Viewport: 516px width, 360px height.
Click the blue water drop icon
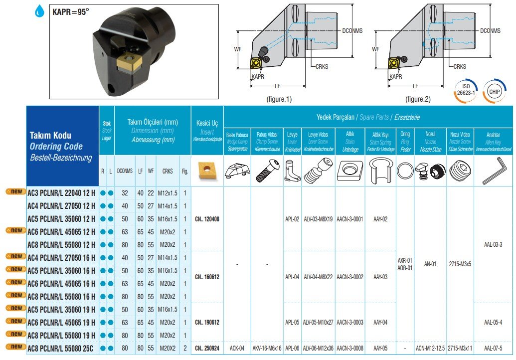tap(39, 10)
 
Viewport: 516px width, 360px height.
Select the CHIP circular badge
tap(494, 91)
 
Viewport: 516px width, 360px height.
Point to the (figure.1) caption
tap(279, 99)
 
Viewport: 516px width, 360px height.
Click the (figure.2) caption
tap(417, 99)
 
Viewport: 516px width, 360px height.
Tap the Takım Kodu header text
tap(50, 135)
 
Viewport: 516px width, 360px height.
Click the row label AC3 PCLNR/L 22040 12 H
tap(61, 193)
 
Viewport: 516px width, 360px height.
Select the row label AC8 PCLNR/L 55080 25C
tap(61, 348)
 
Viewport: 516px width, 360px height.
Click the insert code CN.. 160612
tap(207, 277)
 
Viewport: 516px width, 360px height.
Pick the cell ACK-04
tap(237, 348)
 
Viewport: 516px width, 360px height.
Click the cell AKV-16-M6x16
tap(267, 348)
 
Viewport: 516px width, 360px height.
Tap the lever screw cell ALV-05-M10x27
tap(318, 322)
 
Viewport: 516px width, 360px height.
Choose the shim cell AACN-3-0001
tap(349, 218)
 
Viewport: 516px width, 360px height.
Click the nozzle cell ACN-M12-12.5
tap(430, 348)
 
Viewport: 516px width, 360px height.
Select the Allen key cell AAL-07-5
tap(493, 348)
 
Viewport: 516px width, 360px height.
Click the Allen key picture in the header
tap(493, 171)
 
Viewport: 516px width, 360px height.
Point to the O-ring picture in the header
tap(405, 171)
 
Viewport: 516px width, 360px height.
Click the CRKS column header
tap(168, 171)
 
